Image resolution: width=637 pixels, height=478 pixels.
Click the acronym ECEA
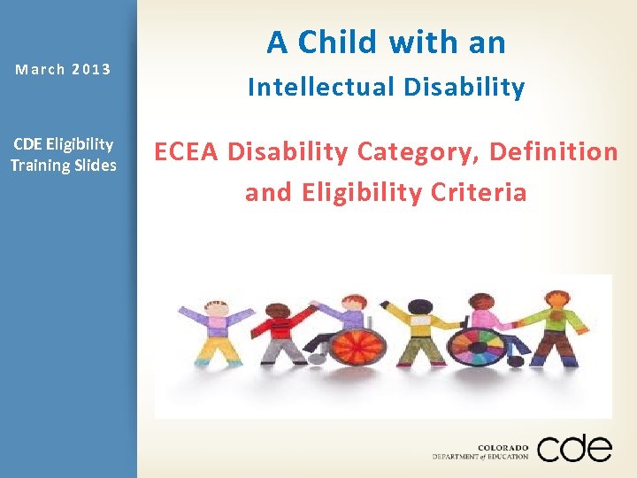[x=187, y=152]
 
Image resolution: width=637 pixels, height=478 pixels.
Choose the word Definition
[x=554, y=152]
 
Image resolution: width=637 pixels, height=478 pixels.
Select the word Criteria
[x=481, y=193]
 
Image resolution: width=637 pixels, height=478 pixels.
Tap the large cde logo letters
[x=573, y=448]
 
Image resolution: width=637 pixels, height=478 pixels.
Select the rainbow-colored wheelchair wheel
[x=478, y=347]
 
